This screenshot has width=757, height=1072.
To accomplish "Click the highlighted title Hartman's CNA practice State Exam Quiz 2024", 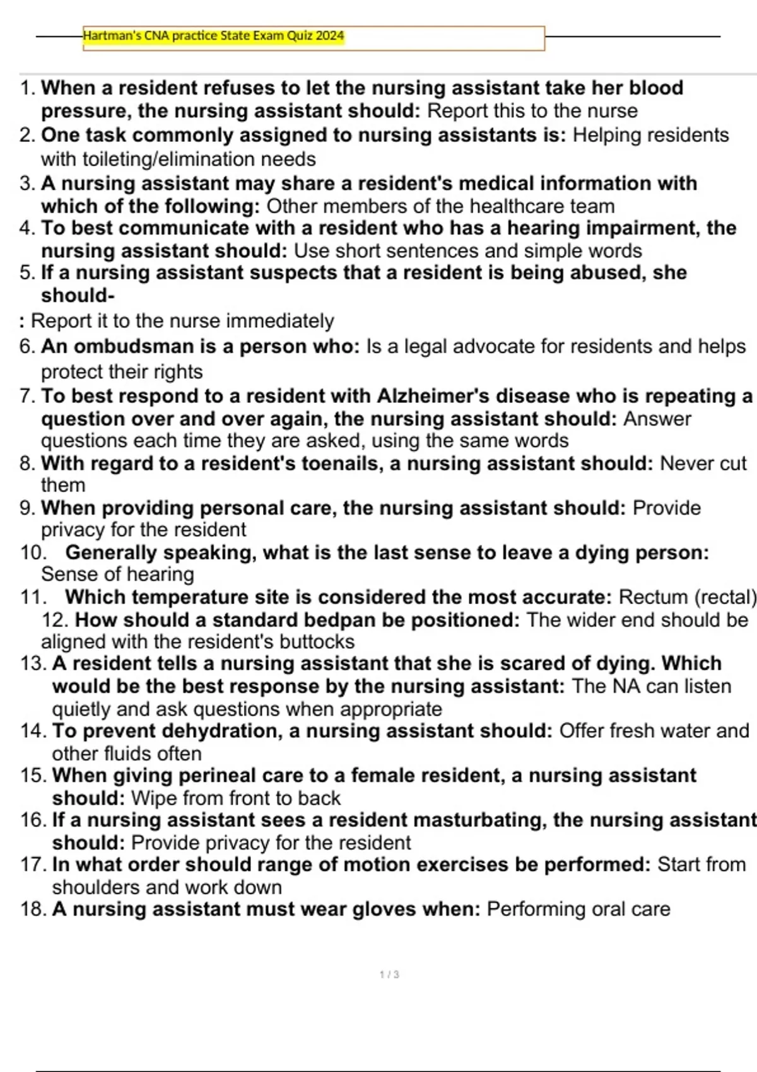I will tap(213, 36).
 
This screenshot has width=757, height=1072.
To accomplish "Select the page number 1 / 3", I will tap(389, 974).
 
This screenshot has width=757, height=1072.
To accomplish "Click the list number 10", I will tap(33, 552).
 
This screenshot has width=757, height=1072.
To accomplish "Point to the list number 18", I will tap(33, 909).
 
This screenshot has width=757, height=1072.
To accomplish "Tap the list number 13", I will tap(33, 663).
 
